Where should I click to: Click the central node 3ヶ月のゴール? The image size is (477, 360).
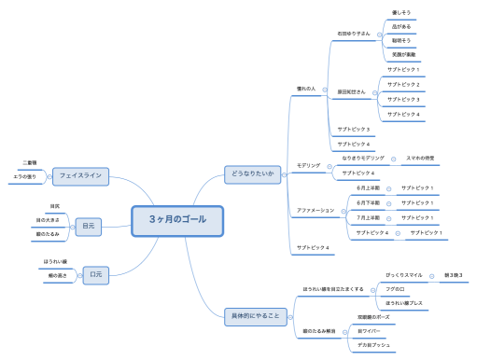point(176,220)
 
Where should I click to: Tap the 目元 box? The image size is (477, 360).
point(88,226)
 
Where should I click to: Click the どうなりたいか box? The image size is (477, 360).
point(252,173)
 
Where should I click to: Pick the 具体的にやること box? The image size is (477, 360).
point(255,316)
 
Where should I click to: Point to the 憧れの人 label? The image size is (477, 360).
point(307,88)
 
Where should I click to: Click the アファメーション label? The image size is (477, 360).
point(315,210)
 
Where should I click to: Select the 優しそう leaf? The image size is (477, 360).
point(401,13)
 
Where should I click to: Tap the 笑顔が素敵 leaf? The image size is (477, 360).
point(403,55)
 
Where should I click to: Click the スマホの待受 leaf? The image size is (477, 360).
point(420,159)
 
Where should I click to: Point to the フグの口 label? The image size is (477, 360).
point(397,290)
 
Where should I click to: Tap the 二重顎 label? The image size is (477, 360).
point(29,162)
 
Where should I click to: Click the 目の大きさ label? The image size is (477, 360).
point(48,219)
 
